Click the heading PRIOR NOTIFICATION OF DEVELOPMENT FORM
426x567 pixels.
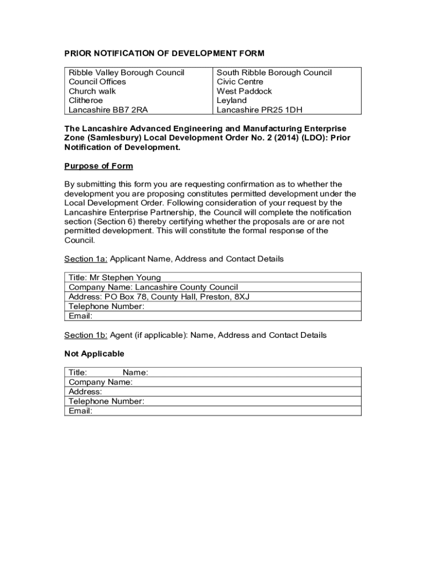pos(164,54)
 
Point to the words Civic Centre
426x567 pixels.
pos(240,82)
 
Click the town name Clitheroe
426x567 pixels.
pos(85,101)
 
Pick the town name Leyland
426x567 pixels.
pos(231,101)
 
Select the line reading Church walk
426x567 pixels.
pos(92,91)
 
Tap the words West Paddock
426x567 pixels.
pos(244,91)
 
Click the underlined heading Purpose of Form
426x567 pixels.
pos(98,166)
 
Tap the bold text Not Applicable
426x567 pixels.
pos(94,354)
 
